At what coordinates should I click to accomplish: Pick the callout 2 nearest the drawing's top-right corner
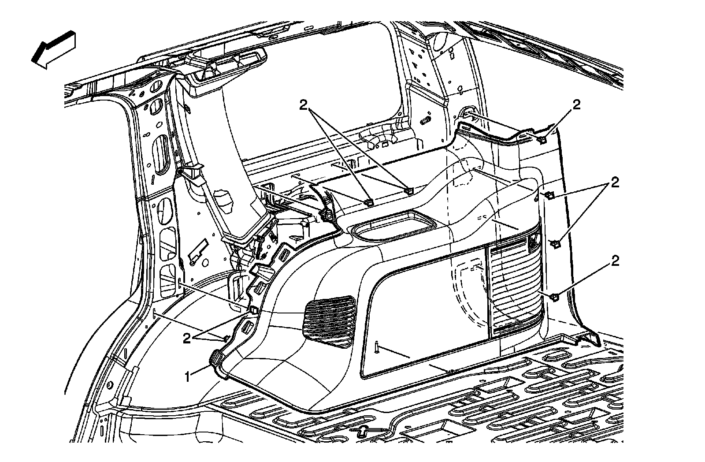tap(576, 104)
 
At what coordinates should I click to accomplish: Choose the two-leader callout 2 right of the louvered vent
tap(614, 183)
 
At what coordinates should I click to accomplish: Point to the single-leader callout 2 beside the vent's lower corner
tap(614, 261)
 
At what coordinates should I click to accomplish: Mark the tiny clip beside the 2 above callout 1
tap(225, 338)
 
